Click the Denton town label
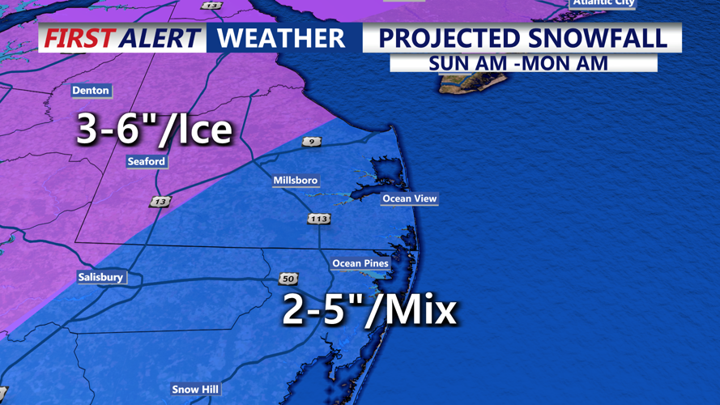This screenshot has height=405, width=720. (x=91, y=91)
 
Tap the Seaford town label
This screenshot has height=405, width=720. (x=147, y=162)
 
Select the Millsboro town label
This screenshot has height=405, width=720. (x=296, y=181)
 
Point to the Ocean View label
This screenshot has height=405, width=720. (x=410, y=198)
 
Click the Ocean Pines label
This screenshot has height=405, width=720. (x=360, y=263)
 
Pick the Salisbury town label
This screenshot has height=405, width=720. (x=101, y=277)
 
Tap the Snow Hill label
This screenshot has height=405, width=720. (x=195, y=390)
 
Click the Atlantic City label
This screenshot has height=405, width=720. (x=603, y=3)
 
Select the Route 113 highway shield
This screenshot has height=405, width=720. (x=318, y=219)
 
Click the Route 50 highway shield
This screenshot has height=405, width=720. (x=288, y=279)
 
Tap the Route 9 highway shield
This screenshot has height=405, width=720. (x=311, y=142)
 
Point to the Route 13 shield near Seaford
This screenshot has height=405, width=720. (x=160, y=202)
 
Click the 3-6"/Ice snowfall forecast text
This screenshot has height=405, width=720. (x=154, y=130)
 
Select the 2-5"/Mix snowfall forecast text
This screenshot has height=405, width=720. (x=369, y=310)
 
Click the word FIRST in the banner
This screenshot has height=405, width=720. (x=78, y=38)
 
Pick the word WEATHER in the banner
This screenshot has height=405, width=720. (x=281, y=38)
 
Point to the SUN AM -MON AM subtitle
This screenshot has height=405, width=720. (x=518, y=63)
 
